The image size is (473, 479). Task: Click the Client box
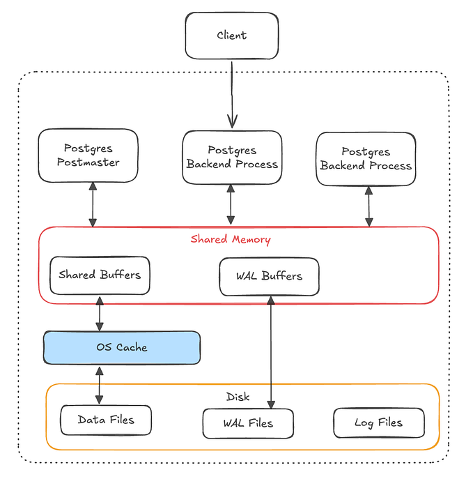[x=231, y=36]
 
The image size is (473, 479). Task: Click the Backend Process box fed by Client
[x=232, y=157]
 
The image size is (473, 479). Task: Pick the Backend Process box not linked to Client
[x=366, y=158]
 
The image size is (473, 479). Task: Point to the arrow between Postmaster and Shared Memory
[x=93, y=204]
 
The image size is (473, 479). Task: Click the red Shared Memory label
[x=231, y=239]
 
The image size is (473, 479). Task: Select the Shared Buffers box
[x=100, y=275]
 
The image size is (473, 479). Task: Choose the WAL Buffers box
[x=269, y=276]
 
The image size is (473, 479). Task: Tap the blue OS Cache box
[x=121, y=347]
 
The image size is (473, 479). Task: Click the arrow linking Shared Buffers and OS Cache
[x=100, y=313]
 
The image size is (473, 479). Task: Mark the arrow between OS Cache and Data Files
[x=100, y=384]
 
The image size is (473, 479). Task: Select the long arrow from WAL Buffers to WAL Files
[x=270, y=349]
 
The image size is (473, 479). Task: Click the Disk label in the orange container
[x=238, y=397]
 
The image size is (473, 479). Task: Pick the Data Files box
[x=105, y=420]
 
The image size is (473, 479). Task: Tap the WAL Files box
[x=248, y=423]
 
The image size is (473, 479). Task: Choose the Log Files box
[x=378, y=423]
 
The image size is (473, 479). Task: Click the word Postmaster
[x=91, y=162]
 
